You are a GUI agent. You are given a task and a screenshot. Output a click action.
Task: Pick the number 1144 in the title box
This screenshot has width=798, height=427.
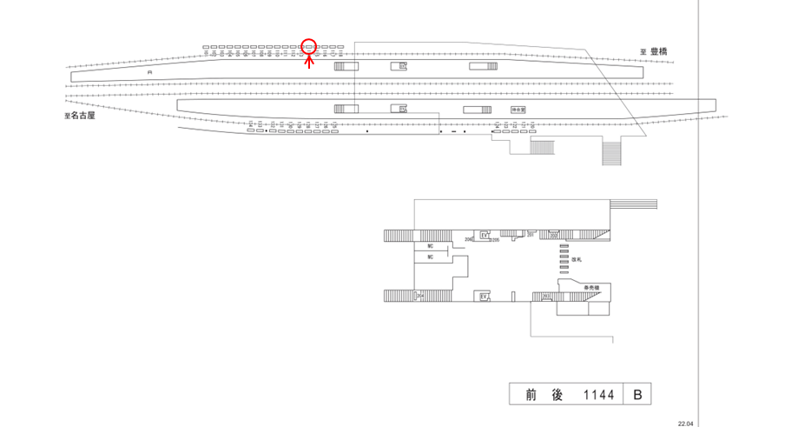(x=598, y=395)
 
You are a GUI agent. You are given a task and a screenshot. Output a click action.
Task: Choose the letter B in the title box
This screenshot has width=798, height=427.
(x=636, y=395)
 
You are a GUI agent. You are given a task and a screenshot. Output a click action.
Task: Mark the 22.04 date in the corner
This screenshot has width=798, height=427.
(x=686, y=423)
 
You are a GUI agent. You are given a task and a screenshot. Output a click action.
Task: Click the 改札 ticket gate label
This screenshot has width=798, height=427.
(x=577, y=260)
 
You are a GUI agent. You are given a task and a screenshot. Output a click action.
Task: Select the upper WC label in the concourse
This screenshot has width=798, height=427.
(x=430, y=246)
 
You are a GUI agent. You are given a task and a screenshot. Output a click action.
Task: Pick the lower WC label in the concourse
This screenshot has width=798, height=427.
(x=430, y=257)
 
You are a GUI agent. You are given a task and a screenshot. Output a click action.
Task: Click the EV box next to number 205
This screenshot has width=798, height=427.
(x=485, y=236)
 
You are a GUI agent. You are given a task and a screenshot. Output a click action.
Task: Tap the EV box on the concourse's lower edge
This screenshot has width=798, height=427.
(x=485, y=297)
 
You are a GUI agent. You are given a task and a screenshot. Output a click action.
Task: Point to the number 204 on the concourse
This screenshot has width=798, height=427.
(x=469, y=237)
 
